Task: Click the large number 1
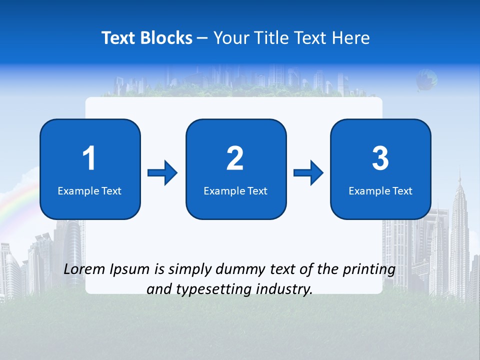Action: [89, 158]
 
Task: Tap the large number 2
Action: [235, 158]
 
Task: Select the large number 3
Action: [380, 158]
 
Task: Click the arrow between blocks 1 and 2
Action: [162, 173]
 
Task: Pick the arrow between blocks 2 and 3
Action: [308, 173]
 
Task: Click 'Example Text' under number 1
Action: [89, 190]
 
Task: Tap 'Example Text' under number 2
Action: [235, 190]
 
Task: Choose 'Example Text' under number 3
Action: [380, 190]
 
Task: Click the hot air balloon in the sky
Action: [426, 80]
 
